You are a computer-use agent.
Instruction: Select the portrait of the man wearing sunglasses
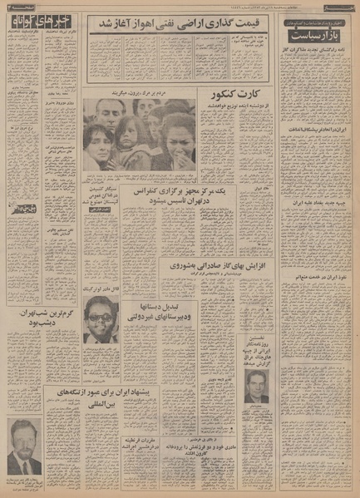point(101,320)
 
